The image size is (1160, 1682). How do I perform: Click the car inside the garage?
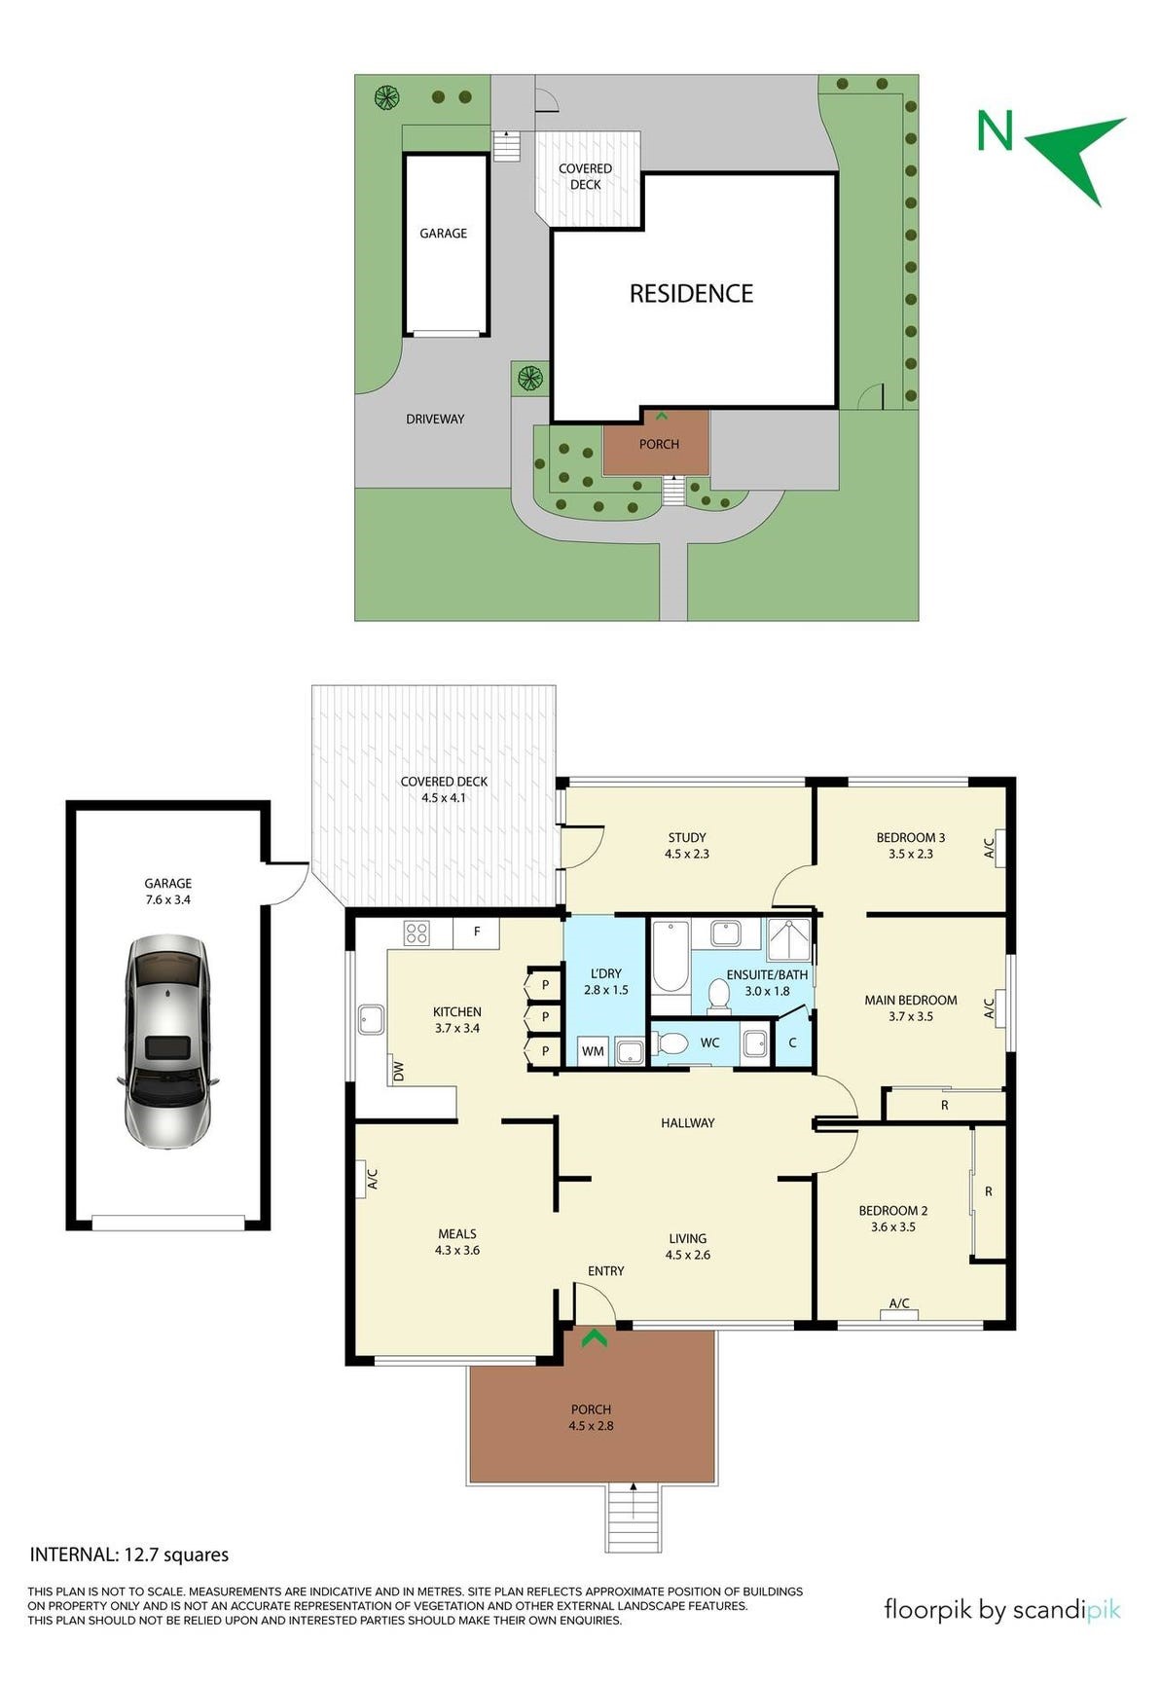pos(166,1042)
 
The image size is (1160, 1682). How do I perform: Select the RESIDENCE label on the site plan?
pos(691,294)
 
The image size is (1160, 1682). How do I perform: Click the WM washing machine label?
pos(593,1051)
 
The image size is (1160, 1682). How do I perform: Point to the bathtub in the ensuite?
pos(669,956)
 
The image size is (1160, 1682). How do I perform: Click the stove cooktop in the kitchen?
pos(417,933)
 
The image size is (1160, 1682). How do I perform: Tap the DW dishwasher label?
pos(397,1071)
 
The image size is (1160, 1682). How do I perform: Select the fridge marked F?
pos(477,932)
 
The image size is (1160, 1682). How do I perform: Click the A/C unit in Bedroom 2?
pos(899,1314)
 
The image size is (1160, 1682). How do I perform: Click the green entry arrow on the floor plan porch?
pos(594,1339)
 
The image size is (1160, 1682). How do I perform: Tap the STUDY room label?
pos(687,837)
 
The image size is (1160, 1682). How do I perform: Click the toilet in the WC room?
pos(671,1043)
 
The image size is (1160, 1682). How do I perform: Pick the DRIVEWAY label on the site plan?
pos(435,419)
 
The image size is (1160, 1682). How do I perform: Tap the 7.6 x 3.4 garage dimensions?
pos(168,899)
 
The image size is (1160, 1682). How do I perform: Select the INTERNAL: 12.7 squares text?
pos(129,1554)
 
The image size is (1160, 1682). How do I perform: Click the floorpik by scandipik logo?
pos(1000,1610)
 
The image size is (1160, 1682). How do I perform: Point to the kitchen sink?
pos(371,1020)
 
